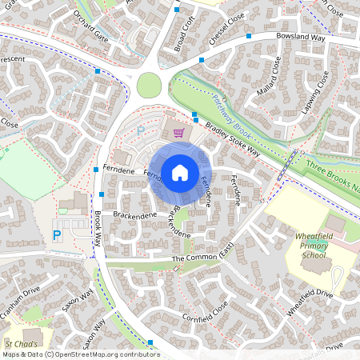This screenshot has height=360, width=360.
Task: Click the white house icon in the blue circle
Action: pos(179,172)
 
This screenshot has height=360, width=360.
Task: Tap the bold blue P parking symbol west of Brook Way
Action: pos(57,234)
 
